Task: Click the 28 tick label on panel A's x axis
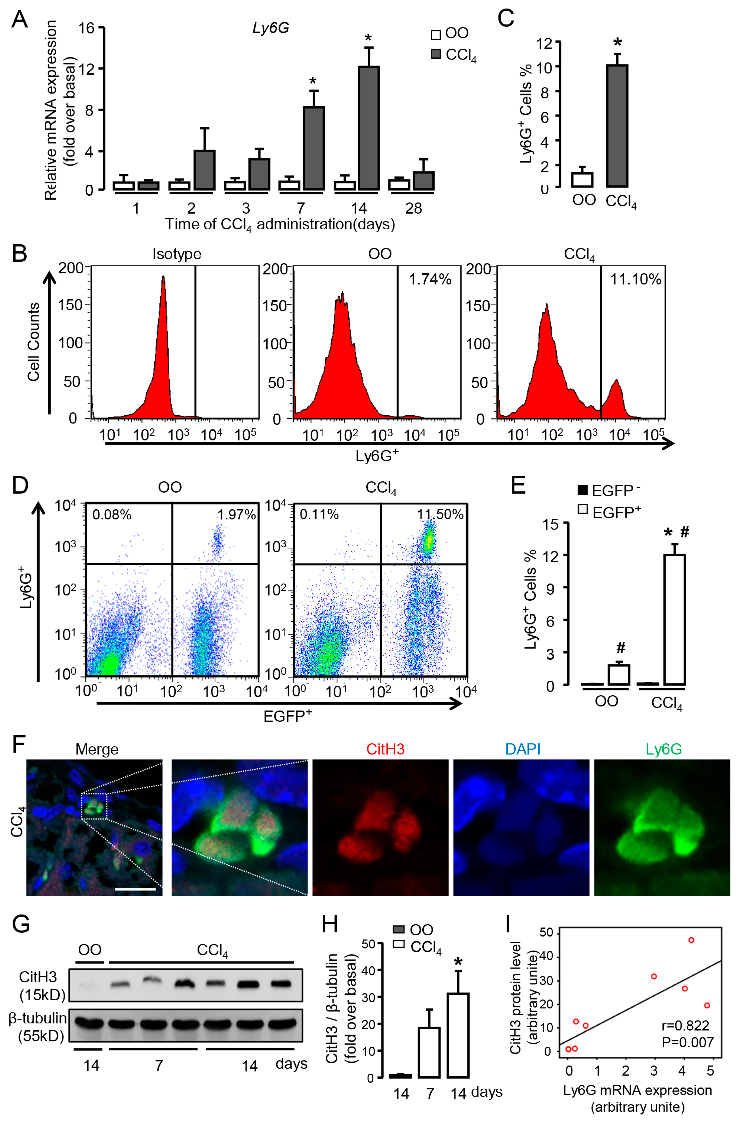(x=414, y=208)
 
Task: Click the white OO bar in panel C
(x=582, y=180)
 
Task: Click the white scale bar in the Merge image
(x=135, y=889)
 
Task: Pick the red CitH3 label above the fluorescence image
(x=385, y=749)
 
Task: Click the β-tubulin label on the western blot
(x=38, y=1018)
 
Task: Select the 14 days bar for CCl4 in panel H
(x=458, y=1035)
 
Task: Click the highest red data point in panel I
(x=691, y=940)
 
